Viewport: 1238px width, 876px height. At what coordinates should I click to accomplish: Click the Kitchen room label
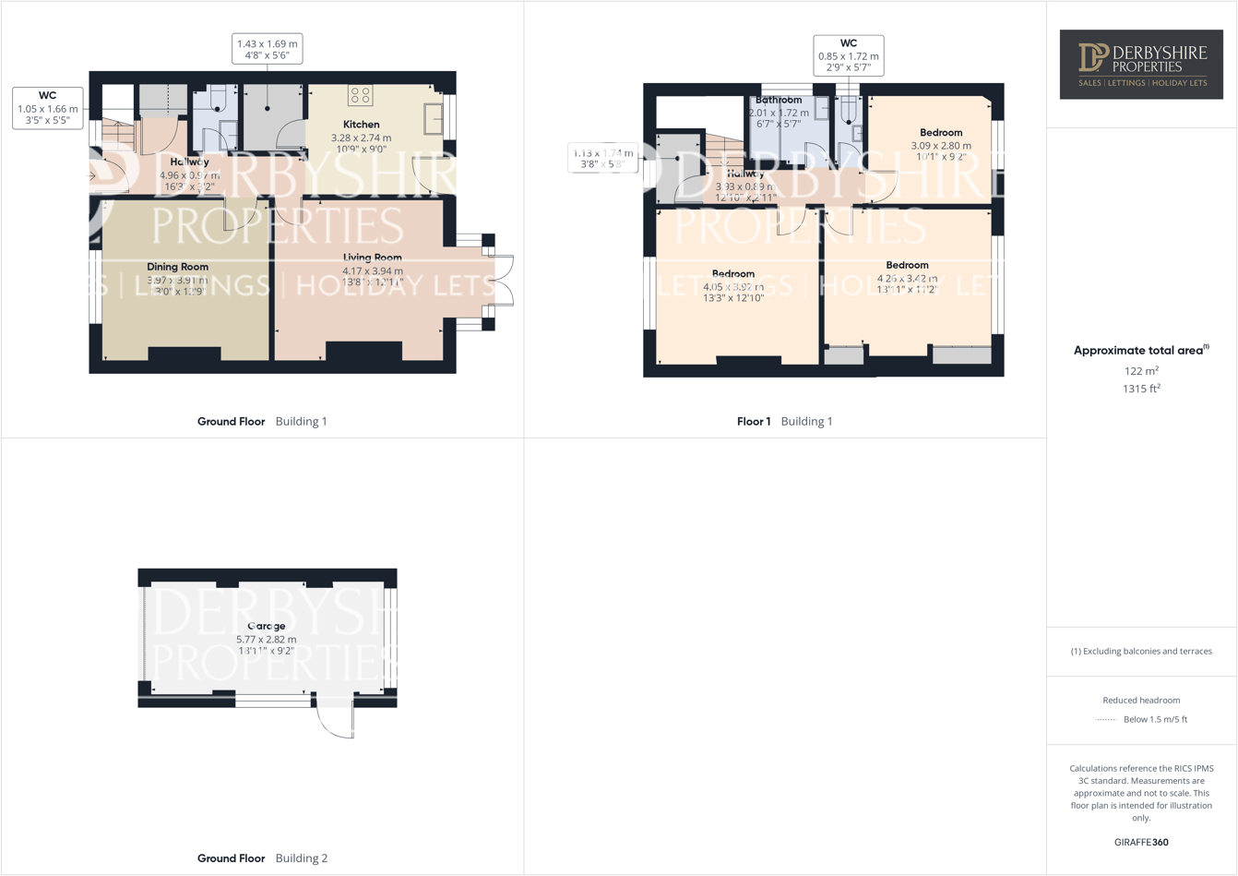click(x=361, y=125)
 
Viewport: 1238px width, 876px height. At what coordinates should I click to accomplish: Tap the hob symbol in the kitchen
click(x=360, y=95)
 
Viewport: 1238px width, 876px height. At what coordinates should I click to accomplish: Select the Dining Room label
click(x=177, y=267)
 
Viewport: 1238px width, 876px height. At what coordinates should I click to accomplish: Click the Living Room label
click(x=372, y=258)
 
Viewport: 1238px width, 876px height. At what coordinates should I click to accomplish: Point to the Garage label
click(x=266, y=626)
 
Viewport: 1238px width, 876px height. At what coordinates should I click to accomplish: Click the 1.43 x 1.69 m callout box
click(x=267, y=49)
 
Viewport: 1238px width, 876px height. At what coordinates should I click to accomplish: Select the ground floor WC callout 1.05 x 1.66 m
click(x=47, y=108)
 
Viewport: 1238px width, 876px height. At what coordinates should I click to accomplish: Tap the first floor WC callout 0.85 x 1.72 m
click(x=848, y=55)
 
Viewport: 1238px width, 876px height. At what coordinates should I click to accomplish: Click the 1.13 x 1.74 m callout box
click(x=602, y=158)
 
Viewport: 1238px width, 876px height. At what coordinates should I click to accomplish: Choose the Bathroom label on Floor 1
click(x=779, y=100)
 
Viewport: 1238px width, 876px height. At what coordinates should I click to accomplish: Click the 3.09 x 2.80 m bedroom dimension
click(x=941, y=146)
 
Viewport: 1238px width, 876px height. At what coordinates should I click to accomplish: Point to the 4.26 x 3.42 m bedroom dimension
click(x=907, y=278)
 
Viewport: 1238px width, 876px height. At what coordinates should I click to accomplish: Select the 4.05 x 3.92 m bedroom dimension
click(x=733, y=286)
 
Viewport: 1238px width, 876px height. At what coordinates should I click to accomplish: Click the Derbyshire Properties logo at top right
click(x=1141, y=64)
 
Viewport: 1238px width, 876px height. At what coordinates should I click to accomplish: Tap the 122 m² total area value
click(x=1141, y=370)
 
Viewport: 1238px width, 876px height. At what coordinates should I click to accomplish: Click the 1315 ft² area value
click(x=1141, y=389)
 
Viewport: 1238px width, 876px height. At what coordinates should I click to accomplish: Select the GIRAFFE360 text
click(x=1141, y=842)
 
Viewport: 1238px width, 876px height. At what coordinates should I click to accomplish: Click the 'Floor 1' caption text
click(x=754, y=421)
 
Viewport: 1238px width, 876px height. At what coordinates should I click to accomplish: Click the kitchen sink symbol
click(x=433, y=118)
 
